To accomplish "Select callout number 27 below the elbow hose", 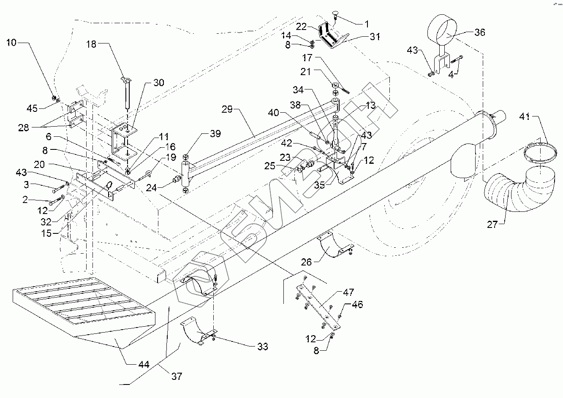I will [x=493, y=224].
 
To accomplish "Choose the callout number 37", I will [x=177, y=376].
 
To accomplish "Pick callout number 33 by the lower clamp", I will [x=262, y=347].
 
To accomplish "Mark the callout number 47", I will [x=348, y=292].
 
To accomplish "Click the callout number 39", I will [x=215, y=134].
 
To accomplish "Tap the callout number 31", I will [x=375, y=37].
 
